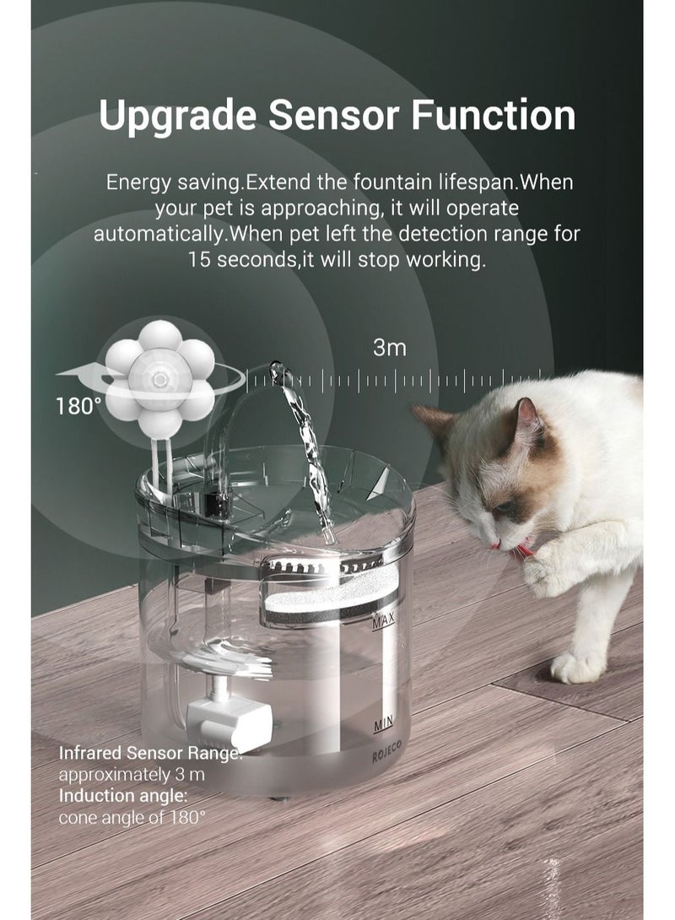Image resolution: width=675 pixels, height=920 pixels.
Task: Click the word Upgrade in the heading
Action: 163,116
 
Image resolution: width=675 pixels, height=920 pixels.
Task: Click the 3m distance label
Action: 390,348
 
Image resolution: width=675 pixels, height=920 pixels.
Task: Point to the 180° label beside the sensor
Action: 78,406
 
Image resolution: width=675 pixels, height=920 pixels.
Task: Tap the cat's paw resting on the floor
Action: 575,668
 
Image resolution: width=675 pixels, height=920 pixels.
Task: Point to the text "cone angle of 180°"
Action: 132,817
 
